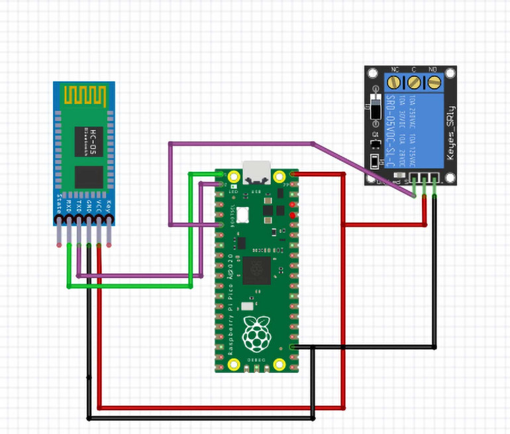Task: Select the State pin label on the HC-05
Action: pyautogui.click(x=59, y=202)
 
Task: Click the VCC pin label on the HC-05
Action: pyautogui.click(x=99, y=202)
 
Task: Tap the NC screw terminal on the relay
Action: pyautogui.click(x=395, y=82)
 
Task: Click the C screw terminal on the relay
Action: pyautogui.click(x=414, y=82)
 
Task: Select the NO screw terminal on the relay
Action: pyautogui.click(x=434, y=82)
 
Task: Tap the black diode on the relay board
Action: pyautogui.click(x=374, y=106)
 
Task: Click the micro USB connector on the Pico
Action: pyautogui.click(x=256, y=171)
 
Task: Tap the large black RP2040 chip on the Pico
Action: pyautogui.click(x=256, y=269)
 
